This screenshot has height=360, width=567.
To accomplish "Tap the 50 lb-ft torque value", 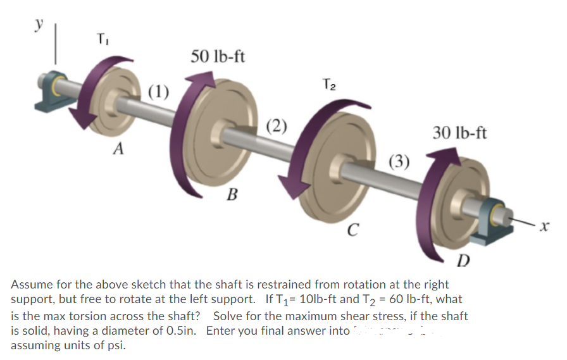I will coord(218,56).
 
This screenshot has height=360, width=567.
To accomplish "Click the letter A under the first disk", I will coord(118,149).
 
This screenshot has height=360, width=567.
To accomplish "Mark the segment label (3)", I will coord(399,160).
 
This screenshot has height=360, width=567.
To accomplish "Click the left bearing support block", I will coord(51,85).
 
